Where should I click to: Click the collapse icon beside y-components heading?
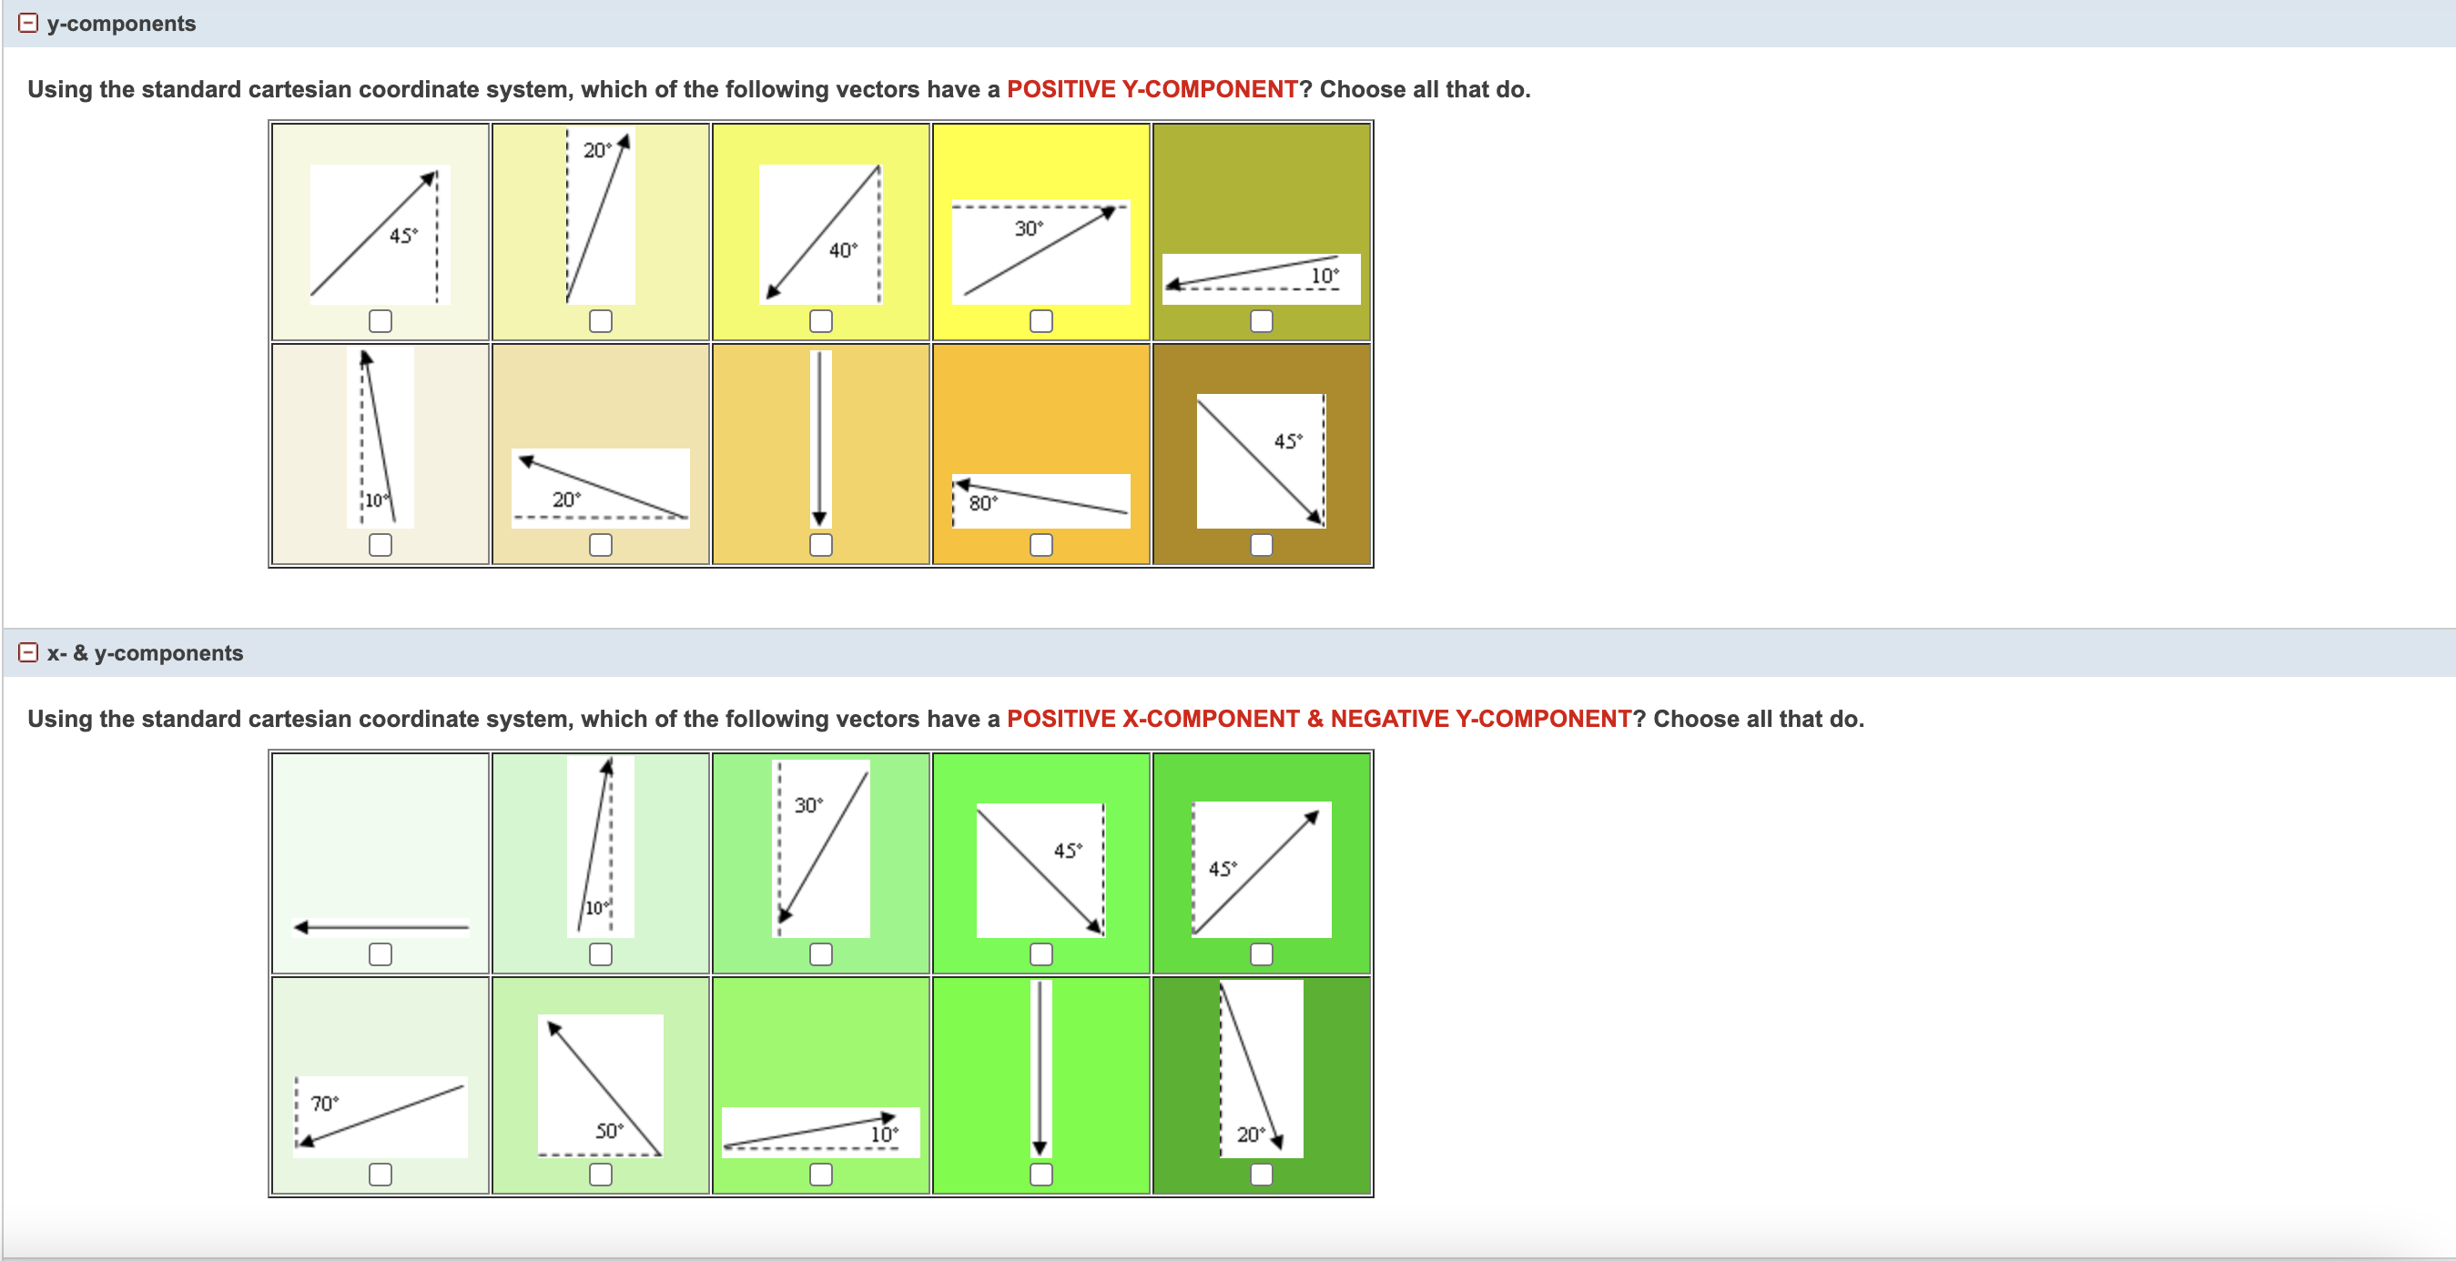click(28, 23)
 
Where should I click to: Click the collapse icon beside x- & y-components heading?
click(28, 653)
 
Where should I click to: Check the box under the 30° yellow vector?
click(1040, 321)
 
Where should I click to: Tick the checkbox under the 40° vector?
click(820, 321)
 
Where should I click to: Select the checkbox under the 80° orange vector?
click(1040, 544)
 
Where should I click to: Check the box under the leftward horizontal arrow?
click(380, 954)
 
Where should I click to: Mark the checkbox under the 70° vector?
click(380, 1175)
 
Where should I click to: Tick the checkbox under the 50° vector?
click(600, 1175)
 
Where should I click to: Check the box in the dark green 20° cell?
click(1261, 1175)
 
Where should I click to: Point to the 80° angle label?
click(982, 502)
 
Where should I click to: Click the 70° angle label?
click(324, 1103)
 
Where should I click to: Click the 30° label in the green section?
click(808, 804)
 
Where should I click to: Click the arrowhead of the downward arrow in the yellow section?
click(819, 518)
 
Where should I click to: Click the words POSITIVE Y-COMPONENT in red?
click(1152, 89)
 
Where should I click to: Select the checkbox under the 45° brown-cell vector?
click(1261, 544)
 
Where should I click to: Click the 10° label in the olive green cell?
click(1324, 276)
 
